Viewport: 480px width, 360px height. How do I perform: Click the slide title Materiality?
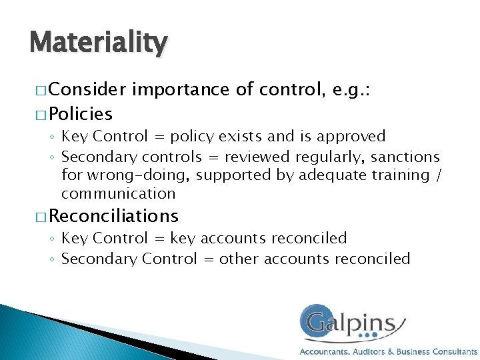point(99,43)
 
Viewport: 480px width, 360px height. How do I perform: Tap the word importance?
point(181,89)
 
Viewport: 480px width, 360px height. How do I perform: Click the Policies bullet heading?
point(81,113)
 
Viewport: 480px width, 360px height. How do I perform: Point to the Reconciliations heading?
point(114,215)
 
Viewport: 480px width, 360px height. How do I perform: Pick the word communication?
point(119,194)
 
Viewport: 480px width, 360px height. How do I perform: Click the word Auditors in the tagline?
point(366,351)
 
